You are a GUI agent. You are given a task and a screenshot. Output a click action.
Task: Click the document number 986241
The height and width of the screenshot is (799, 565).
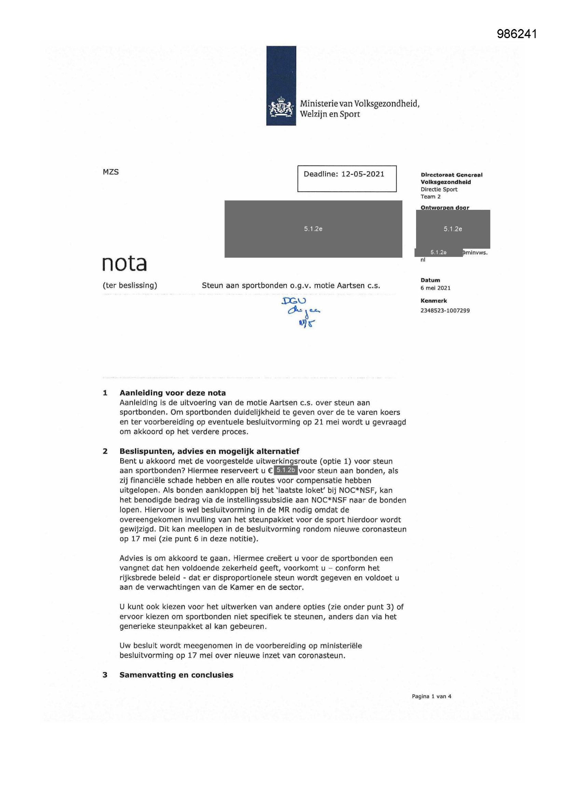pyautogui.click(x=516, y=34)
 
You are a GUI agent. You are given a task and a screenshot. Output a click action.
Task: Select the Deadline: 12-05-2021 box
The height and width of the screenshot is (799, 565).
pyautogui.click(x=346, y=178)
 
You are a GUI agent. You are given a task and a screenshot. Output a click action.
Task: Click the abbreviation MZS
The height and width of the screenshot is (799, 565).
pyautogui.click(x=111, y=172)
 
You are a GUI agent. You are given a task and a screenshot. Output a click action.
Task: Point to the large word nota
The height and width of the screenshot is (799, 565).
pyautogui.click(x=124, y=263)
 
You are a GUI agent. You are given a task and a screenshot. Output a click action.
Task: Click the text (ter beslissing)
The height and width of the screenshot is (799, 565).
pyautogui.click(x=130, y=285)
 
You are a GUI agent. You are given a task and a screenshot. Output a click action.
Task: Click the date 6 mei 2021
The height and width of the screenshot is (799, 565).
pyautogui.click(x=435, y=288)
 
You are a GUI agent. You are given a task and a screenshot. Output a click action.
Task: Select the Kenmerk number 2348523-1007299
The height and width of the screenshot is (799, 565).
pyautogui.click(x=445, y=310)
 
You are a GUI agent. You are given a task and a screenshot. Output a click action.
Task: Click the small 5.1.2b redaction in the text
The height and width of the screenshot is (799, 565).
pyautogui.click(x=286, y=470)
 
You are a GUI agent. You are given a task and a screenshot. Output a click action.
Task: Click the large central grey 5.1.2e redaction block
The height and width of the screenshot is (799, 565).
pyautogui.click(x=313, y=229)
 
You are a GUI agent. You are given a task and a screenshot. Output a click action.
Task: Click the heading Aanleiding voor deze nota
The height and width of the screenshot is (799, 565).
pyautogui.click(x=173, y=393)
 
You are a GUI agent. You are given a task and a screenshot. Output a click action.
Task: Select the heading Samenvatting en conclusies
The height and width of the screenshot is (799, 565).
pyautogui.click(x=176, y=675)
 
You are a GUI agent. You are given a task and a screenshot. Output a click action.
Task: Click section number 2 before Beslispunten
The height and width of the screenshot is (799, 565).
pyautogui.click(x=105, y=451)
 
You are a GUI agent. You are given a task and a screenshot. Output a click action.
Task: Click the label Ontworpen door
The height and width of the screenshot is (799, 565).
pyautogui.click(x=445, y=207)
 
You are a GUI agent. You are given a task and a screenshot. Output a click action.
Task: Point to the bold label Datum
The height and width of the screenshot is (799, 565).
pyautogui.click(x=430, y=280)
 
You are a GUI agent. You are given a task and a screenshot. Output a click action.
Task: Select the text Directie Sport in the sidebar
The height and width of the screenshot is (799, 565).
pyautogui.click(x=439, y=189)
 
